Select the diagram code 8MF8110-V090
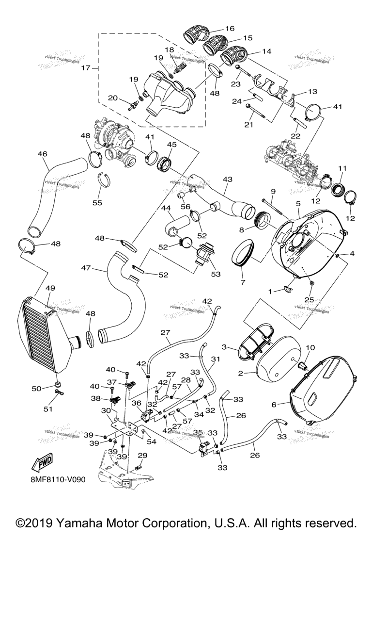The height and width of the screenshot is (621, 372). (x=58, y=480)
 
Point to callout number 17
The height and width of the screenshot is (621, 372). (x=85, y=68)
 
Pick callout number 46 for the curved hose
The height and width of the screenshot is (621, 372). (x=42, y=154)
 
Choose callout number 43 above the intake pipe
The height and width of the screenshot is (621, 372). (x=228, y=179)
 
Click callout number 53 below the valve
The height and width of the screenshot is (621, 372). (x=215, y=274)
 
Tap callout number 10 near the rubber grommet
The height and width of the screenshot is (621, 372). (x=310, y=347)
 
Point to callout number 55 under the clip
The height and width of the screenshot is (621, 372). (x=97, y=203)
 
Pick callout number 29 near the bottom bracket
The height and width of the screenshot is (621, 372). (x=142, y=455)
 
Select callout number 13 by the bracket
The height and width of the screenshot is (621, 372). (x=312, y=91)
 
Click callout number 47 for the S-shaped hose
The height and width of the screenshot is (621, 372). (x=86, y=267)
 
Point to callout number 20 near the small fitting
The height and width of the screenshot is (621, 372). (x=112, y=98)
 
